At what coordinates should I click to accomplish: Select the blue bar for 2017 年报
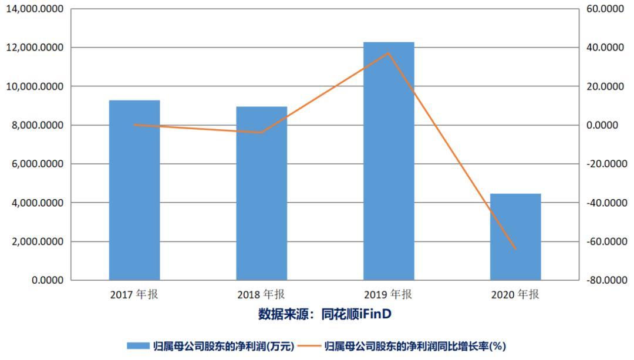[x=134, y=190]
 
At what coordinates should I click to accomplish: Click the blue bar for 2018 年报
[x=261, y=193]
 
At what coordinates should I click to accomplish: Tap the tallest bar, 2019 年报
[x=389, y=161]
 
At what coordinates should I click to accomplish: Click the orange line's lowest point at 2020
[x=515, y=249]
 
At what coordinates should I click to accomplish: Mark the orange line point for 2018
[x=261, y=133]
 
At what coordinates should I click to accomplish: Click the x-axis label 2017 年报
[x=134, y=295]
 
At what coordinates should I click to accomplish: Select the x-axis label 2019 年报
[x=389, y=295]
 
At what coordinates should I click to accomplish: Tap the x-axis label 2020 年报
[x=515, y=295]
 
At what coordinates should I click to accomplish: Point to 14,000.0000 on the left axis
[x=35, y=9]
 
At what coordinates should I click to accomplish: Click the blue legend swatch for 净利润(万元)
[x=138, y=346]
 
